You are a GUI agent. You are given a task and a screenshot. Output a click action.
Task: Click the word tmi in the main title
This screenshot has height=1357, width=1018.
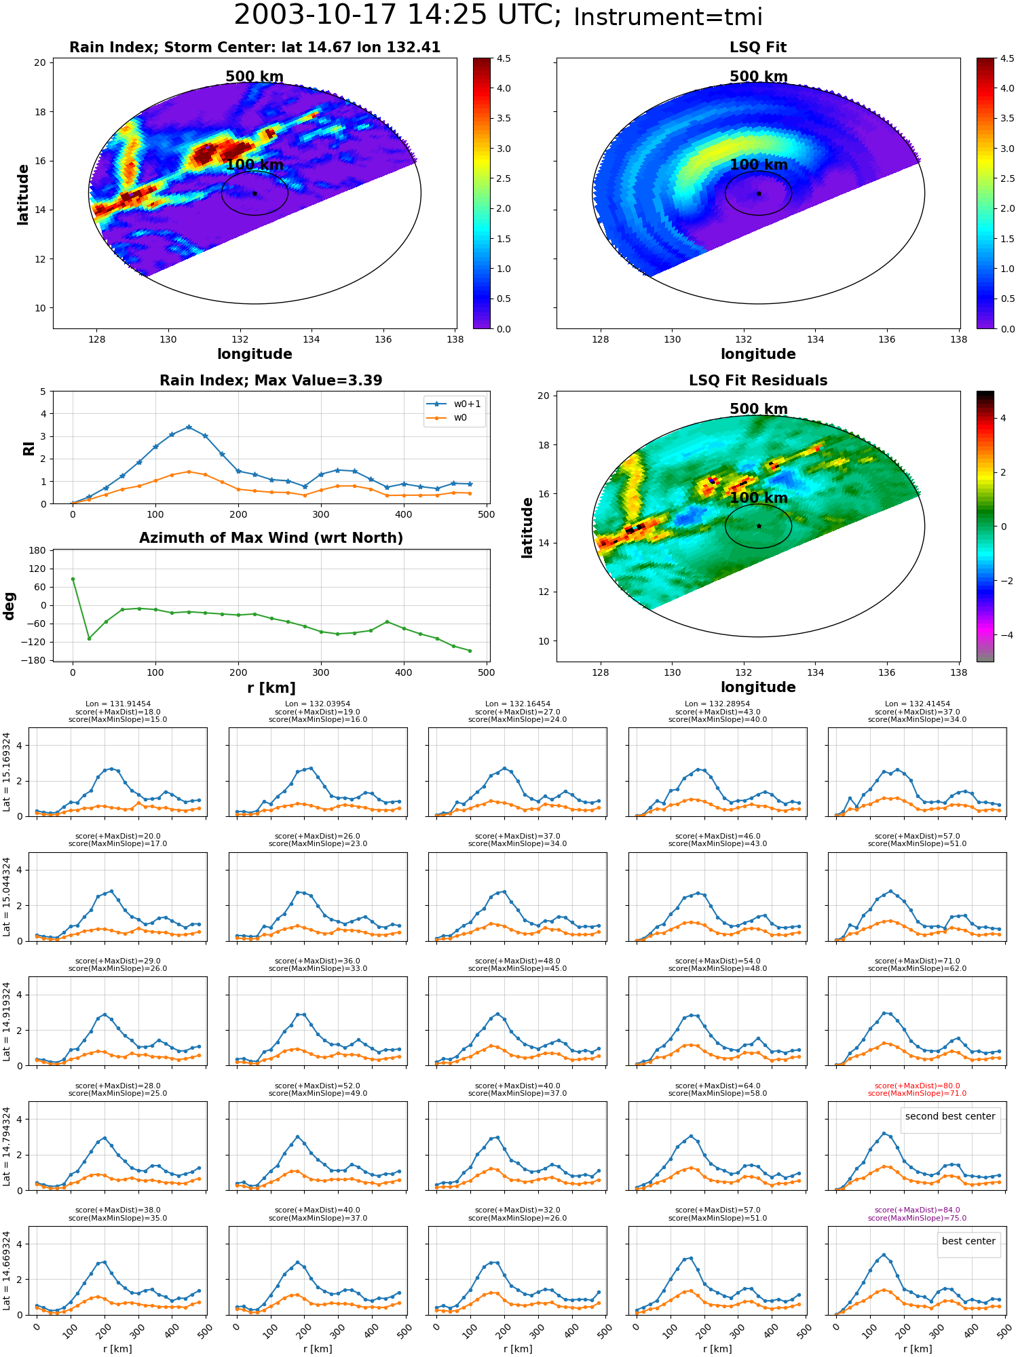736,17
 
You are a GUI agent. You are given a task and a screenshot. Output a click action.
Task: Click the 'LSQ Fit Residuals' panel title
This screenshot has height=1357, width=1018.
758,381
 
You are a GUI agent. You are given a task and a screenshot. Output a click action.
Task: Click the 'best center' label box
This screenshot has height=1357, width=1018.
968,1241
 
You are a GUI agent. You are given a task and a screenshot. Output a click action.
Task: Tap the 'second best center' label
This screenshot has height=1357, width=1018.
950,1117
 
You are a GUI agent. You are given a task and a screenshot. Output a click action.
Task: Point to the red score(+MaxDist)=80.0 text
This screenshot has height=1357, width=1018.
917,1086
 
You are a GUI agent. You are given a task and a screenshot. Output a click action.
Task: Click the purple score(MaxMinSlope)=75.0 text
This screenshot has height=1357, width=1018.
917,1218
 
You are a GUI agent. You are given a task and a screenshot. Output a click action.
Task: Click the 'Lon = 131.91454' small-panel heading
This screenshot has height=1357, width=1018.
118,704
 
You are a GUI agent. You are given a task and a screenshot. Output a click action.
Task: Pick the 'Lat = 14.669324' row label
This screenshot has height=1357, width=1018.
7,1271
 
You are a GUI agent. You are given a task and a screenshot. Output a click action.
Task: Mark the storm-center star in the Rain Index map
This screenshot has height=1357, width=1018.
254,193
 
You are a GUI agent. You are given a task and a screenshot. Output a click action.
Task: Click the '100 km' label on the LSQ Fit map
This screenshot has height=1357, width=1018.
759,165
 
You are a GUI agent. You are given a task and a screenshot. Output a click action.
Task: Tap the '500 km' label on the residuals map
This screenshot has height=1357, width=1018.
759,409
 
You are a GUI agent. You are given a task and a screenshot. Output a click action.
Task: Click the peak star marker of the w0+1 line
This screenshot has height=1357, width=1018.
189,427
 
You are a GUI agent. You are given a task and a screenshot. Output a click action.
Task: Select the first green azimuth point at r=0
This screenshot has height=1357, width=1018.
73,579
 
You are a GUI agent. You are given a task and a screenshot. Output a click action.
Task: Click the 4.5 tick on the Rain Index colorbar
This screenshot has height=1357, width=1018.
503,58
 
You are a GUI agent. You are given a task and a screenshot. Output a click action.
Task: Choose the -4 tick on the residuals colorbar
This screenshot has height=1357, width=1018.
1003,635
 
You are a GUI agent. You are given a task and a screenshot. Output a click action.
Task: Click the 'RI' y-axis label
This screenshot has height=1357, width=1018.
29,448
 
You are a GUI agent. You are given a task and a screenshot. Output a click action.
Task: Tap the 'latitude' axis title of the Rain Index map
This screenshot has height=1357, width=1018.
23,194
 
